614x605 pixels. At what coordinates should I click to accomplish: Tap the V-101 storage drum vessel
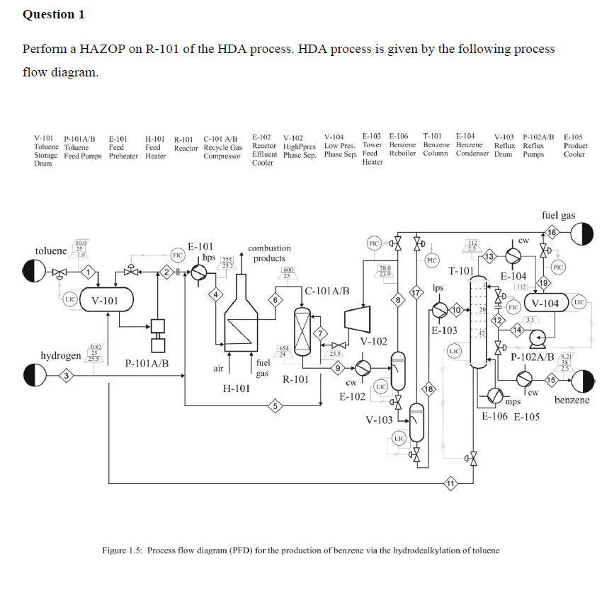[x=107, y=301]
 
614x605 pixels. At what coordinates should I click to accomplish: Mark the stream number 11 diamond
[x=449, y=483]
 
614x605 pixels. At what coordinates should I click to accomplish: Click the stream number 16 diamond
[x=552, y=231]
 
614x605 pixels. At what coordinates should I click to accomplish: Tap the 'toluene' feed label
[x=52, y=251]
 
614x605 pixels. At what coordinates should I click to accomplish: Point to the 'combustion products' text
[x=269, y=253]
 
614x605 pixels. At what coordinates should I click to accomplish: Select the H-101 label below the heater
[x=236, y=388]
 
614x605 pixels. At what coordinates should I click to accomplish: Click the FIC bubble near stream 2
[x=178, y=253]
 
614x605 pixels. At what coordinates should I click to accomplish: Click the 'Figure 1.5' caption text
[x=301, y=550]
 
